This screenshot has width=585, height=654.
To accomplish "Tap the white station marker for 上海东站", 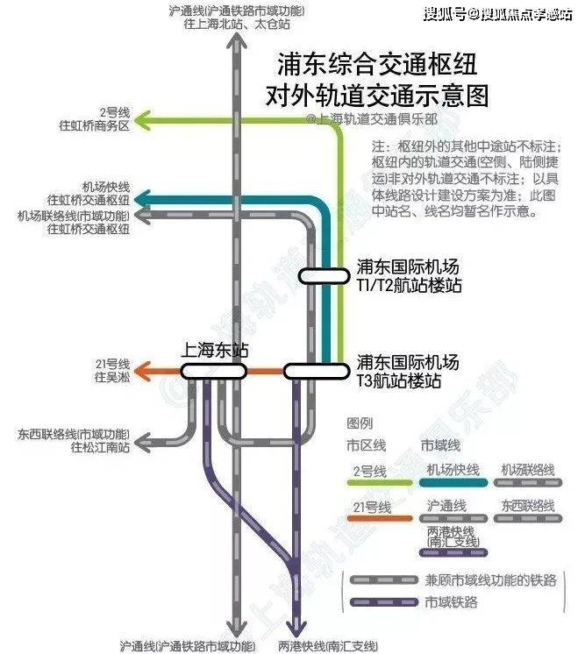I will click(x=214, y=372).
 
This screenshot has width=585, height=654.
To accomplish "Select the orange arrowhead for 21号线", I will click(x=148, y=372).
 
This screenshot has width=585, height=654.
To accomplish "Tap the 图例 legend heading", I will click(x=360, y=423).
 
